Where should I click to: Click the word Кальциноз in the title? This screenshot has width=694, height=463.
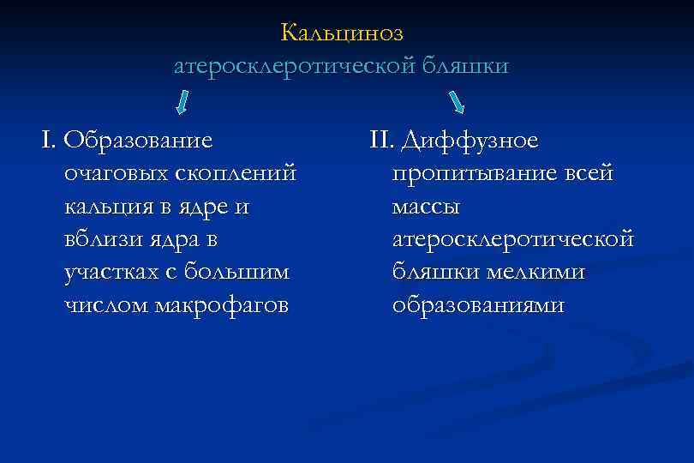[x=341, y=33]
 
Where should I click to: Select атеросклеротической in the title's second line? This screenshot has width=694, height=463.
[x=294, y=66]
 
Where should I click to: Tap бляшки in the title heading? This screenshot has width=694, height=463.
[x=464, y=66]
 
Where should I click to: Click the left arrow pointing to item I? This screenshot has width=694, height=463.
[x=182, y=103]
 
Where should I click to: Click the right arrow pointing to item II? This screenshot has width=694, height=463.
[x=458, y=103]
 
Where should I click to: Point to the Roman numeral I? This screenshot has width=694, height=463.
[x=45, y=140]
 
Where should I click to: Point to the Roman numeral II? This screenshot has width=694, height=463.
[x=380, y=140]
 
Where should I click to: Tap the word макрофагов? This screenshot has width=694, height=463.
[x=218, y=305]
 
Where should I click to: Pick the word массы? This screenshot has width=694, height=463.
[x=427, y=207]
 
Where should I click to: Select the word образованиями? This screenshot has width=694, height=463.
[x=479, y=305]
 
